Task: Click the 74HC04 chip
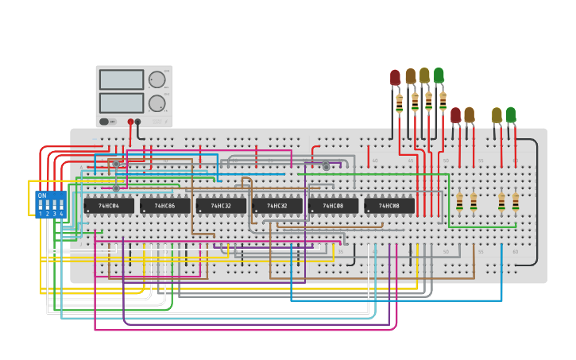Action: pos(109,206)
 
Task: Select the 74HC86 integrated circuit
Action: pos(165,206)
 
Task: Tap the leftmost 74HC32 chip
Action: pos(221,206)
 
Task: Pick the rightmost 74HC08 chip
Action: pos(389,206)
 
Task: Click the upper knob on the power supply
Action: pos(157,79)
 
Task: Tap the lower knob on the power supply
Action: pos(157,103)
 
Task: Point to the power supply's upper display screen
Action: pos(122,79)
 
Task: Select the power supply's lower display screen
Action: pos(122,103)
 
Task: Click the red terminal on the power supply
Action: pos(130,122)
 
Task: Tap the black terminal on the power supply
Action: pos(138,122)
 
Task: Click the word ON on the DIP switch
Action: pos(42,195)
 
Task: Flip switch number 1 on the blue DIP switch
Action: pos(41,206)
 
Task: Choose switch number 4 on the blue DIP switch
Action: pos(61,206)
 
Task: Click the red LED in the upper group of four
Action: pos(395,77)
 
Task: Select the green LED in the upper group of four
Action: pos(439,75)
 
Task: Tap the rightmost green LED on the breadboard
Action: pos(510,114)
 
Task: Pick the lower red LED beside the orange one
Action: pos(455,115)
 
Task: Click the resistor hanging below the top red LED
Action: pos(399,103)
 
